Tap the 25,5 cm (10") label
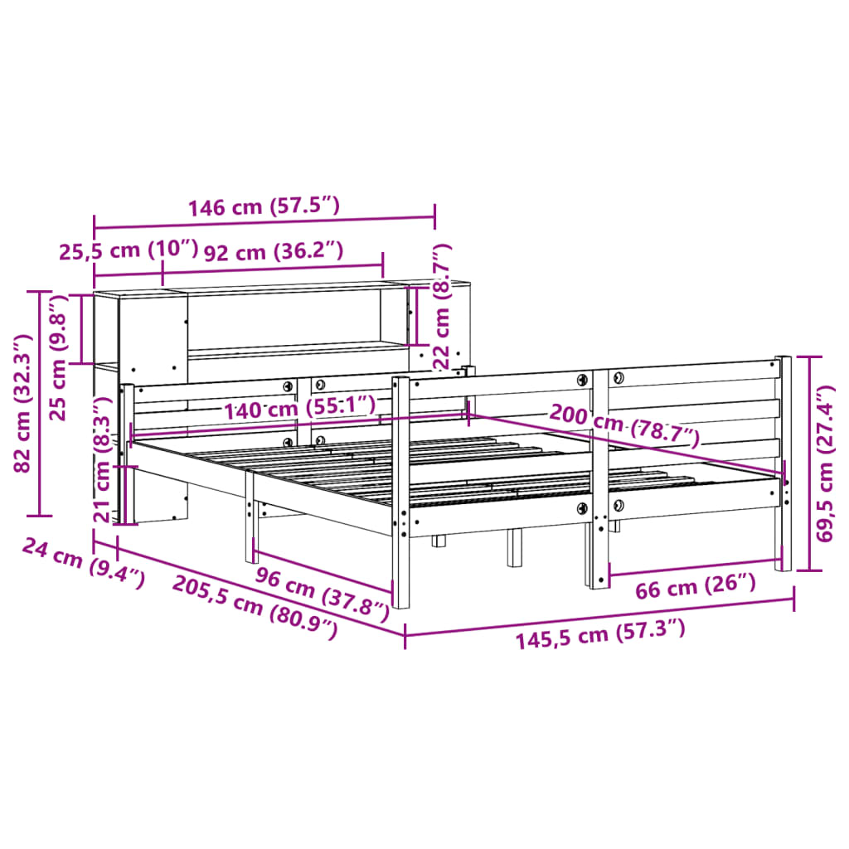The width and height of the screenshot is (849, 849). pyautogui.click(x=129, y=250)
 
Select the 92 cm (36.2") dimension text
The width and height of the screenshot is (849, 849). pyautogui.click(x=273, y=250)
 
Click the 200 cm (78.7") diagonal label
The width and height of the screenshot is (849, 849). pyautogui.click(x=623, y=424)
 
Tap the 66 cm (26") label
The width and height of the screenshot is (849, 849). pyautogui.click(x=695, y=586)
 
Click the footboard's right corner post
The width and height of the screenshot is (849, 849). pyautogui.click(x=784, y=464)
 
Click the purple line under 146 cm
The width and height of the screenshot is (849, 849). pyautogui.click(x=264, y=218)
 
